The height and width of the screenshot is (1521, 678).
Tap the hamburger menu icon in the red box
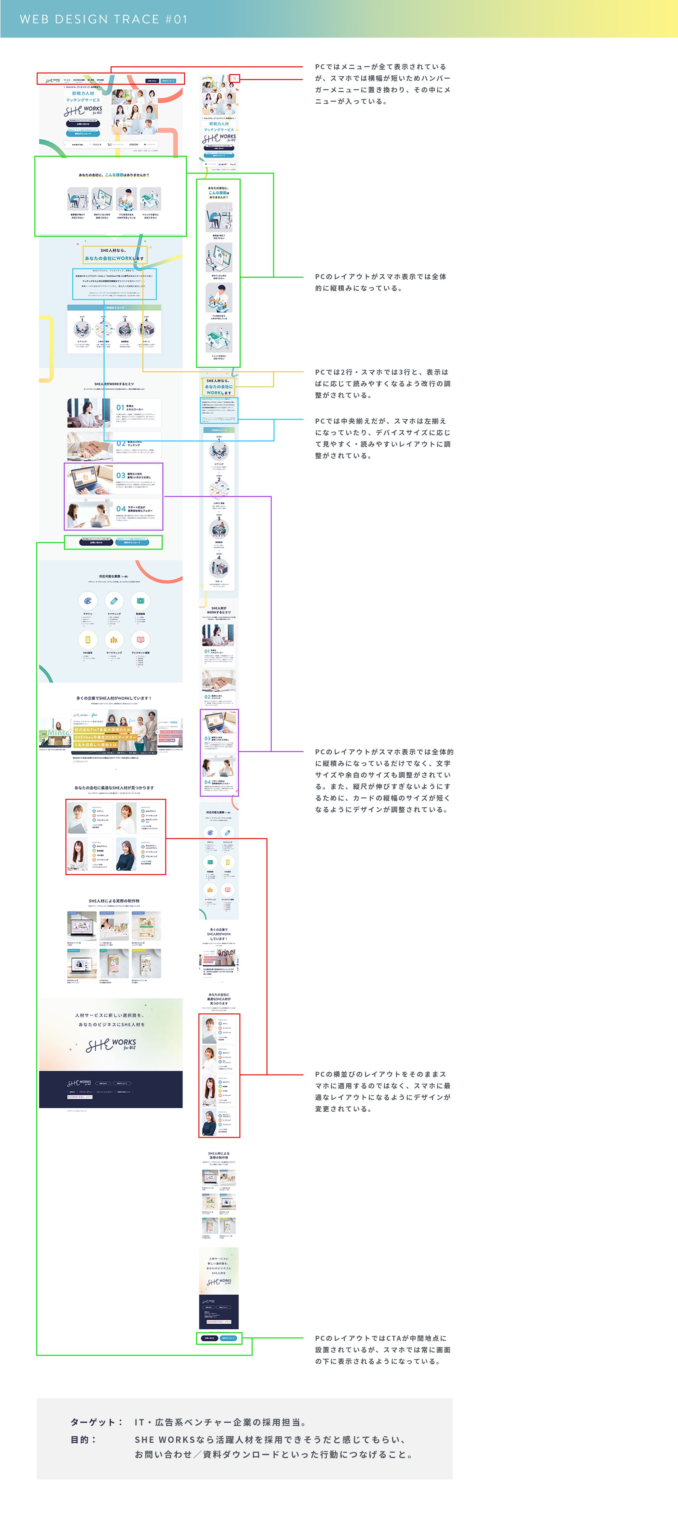(x=234, y=78)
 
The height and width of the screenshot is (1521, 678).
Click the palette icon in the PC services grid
(x=88, y=600)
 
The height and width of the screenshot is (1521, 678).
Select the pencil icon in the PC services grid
(x=114, y=600)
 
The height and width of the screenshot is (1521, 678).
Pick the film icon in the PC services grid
(x=141, y=600)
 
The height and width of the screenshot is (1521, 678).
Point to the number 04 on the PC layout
(x=120, y=508)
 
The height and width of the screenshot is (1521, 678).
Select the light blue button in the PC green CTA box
(x=132, y=542)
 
